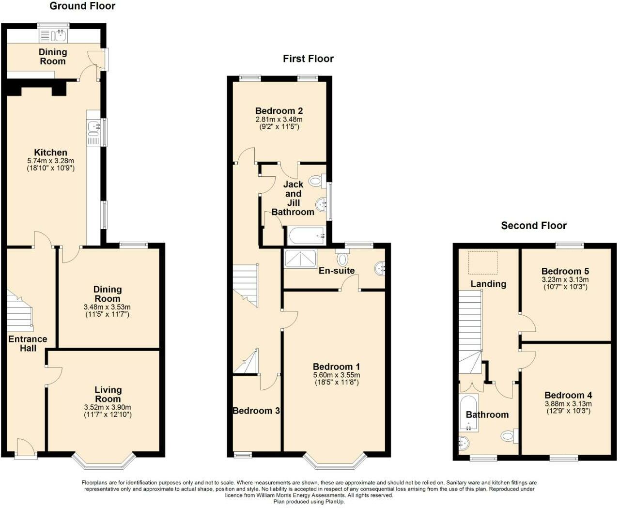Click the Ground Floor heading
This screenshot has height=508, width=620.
point(82,6)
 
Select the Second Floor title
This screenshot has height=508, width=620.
point(533,226)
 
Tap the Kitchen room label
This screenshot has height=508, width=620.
point(50,153)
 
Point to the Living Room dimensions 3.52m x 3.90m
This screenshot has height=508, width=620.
point(108,407)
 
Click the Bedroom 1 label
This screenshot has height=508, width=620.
point(336,367)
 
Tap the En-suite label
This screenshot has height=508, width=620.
point(336,271)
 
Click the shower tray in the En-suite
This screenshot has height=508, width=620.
point(300,259)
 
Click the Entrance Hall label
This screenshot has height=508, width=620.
point(28,343)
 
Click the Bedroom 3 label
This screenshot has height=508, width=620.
point(256,411)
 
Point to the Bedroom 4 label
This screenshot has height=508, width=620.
point(568,395)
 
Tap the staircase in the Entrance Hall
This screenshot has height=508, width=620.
point(20,312)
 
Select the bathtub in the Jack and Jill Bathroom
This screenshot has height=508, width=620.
point(306,236)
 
